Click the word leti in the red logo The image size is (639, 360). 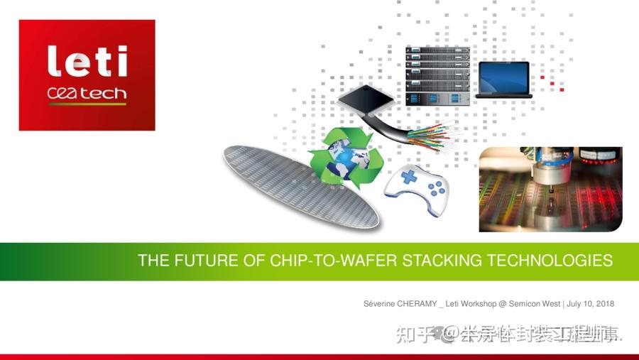tap(87, 62)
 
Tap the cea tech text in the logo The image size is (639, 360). tap(87, 94)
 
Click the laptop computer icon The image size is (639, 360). tap(504, 80)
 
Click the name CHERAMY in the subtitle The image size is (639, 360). tap(415, 304)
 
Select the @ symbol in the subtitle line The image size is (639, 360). tap(503, 304)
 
